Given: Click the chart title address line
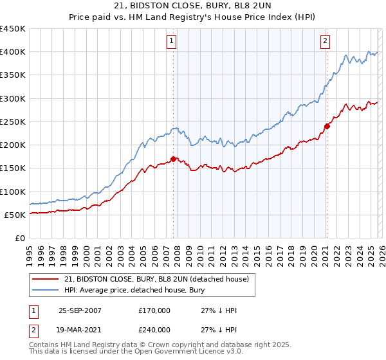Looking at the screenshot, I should click(x=192, y=6).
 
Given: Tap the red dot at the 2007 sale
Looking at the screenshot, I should click(x=174, y=159).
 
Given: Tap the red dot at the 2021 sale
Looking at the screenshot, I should click(x=327, y=126).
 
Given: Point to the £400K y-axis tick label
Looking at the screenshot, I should click(x=13, y=52).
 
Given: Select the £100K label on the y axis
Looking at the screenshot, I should click(x=13, y=192).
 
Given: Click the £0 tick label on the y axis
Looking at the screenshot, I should click(x=19, y=238).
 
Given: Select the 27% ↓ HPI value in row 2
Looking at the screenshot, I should click(x=219, y=328).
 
